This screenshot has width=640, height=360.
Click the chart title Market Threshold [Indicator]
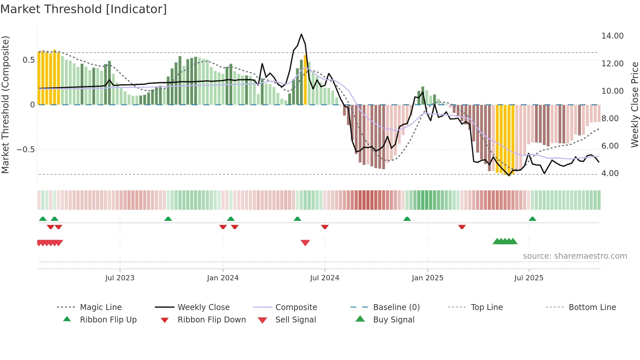[84, 9]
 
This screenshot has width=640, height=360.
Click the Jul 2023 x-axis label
[120, 278]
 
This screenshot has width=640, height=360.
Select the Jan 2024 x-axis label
[223, 278]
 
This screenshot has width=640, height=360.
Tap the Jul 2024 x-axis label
[325, 278]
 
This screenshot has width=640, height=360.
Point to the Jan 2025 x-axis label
[427, 278]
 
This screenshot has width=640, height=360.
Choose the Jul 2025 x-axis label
[529, 278]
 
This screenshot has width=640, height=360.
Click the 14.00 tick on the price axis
[612, 36]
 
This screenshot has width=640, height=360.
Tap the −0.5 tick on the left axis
[25, 150]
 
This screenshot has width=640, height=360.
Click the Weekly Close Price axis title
[634, 105]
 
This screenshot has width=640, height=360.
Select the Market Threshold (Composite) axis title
[5, 105]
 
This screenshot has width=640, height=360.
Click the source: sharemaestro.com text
[575, 256]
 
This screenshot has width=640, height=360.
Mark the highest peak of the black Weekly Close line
[301, 34]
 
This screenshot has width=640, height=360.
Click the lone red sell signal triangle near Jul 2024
[305, 243]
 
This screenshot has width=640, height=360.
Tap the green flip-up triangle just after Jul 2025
[532, 219]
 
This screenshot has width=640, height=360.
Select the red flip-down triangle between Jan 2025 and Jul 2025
[462, 227]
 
